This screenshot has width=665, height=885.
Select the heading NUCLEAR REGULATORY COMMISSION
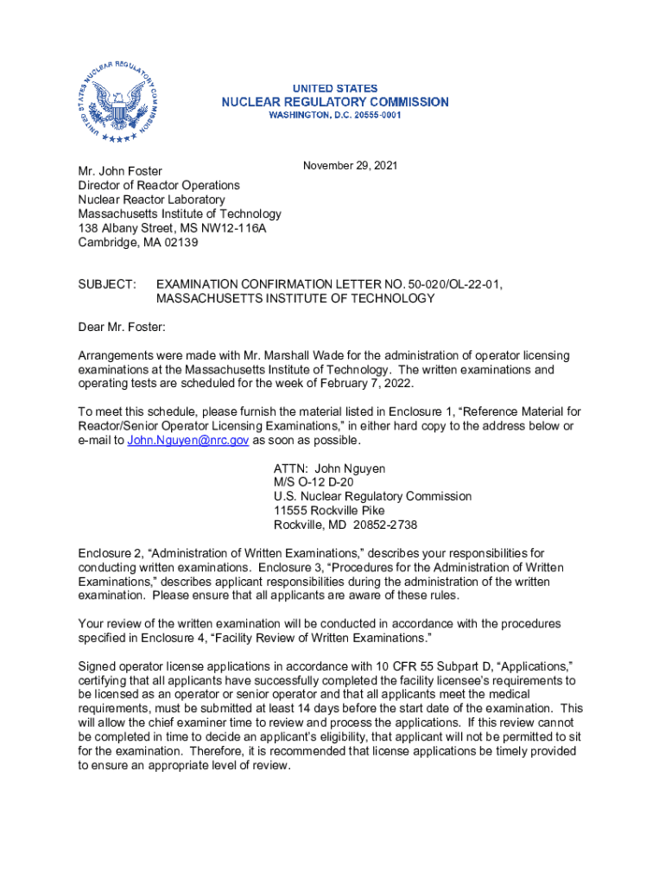click(x=335, y=102)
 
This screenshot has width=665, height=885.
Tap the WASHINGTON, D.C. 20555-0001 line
click(x=335, y=115)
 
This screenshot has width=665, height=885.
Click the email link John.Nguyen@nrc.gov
click(x=188, y=440)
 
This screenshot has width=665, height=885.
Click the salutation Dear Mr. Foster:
click(x=122, y=328)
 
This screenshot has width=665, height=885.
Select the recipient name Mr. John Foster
click(x=120, y=171)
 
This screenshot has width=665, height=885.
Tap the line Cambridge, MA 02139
click(x=138, y=243)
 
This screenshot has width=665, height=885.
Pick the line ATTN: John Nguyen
click(x=329, y=468)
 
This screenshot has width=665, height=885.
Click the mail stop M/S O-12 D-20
click(x=313, y=482)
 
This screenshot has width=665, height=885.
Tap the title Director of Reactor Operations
click(x=159, y=185)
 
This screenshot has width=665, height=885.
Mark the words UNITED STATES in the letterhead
click(x=335, y=88)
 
